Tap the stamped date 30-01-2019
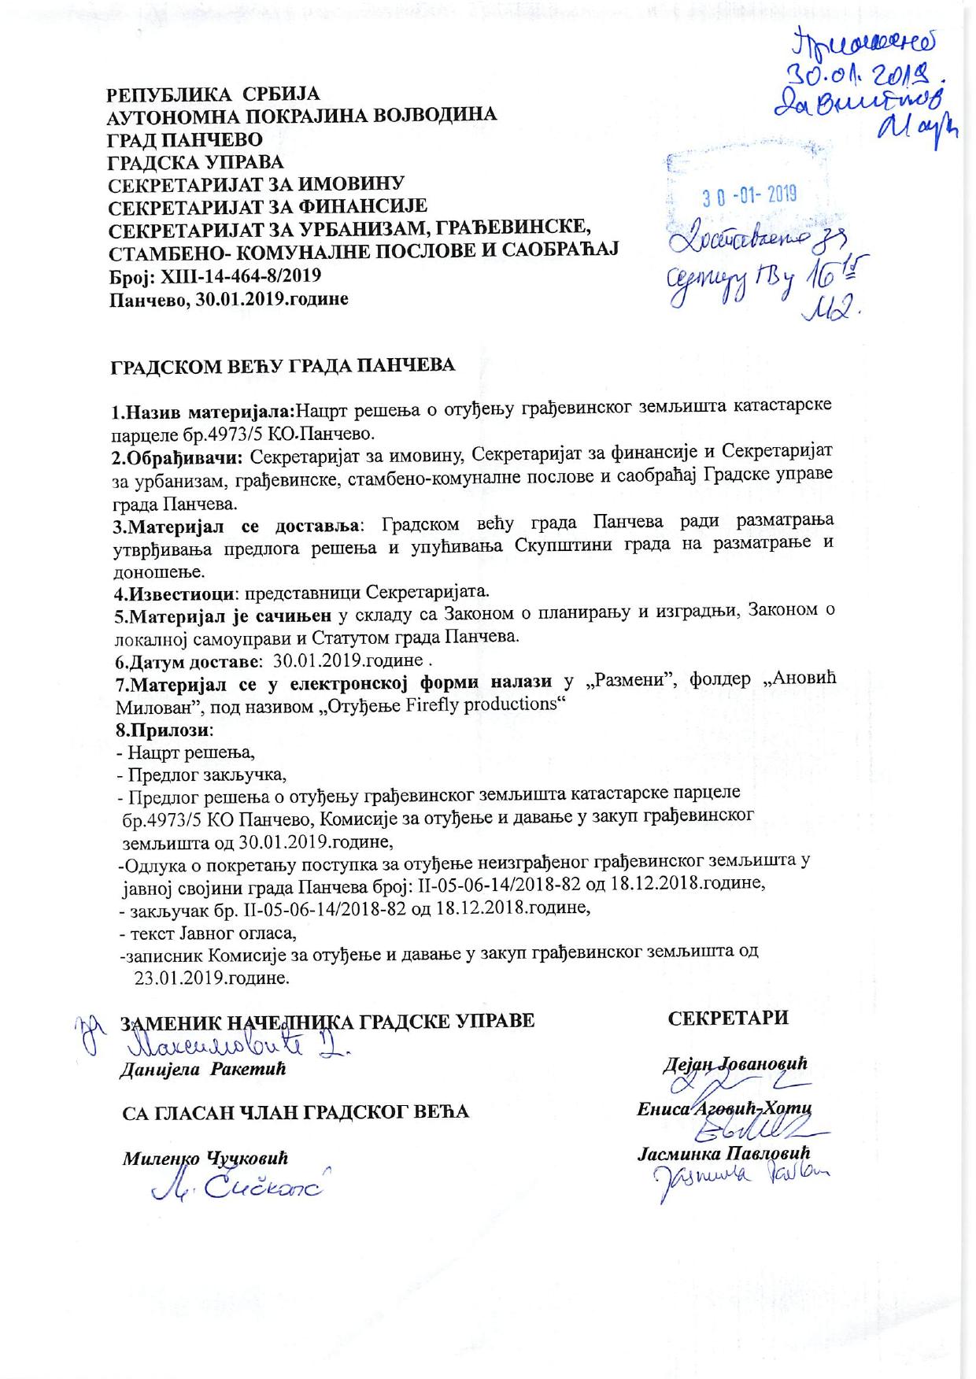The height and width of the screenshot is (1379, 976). (x=749, y=194)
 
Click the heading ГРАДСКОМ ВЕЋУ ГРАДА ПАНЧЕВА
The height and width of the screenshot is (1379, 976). (x=282, y=365)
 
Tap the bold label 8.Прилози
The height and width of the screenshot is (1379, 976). (x=160, y=728)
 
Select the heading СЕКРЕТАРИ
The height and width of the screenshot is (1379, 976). (x=728, y=1018)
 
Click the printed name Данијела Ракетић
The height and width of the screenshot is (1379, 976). (x=201, y=1070)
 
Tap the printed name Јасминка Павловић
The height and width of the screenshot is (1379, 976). (x=723, y=1153)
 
